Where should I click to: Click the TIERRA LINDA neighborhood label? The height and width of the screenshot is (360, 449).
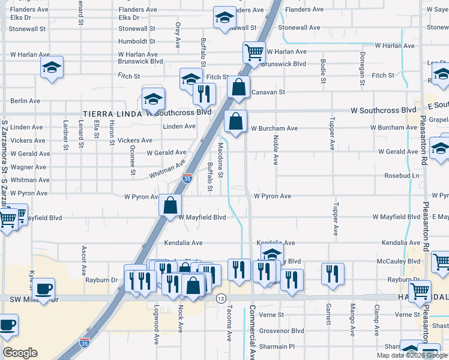[x=112, y=113]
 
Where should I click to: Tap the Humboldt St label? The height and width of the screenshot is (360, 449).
[x=137, y=41]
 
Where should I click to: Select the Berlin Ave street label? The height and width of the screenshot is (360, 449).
[x=25, y=101]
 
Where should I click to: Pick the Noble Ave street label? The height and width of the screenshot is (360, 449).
[x=276, y=149]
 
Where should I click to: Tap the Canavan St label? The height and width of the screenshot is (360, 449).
[x=267, y=92]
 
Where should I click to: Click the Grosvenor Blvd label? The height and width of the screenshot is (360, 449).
[x=282, y=331]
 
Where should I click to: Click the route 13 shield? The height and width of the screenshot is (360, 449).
[x=221, y=299]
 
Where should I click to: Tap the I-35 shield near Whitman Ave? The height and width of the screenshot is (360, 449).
[x=187, y=178]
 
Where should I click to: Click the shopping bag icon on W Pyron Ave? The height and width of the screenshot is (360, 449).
[x=170, y=205]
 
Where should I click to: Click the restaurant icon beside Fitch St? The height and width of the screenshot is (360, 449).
[x=203, y=93]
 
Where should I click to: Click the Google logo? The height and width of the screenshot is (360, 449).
[x=20, y=353]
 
